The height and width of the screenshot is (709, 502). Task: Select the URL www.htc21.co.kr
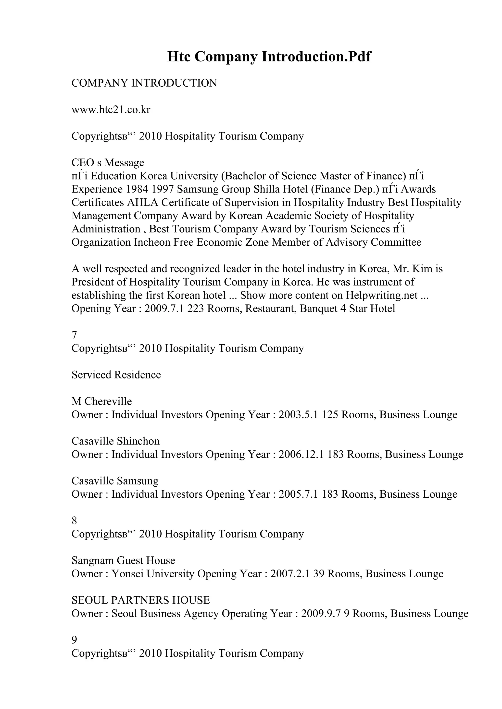point(111,110)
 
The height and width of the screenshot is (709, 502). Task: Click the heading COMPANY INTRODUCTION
point(144,83)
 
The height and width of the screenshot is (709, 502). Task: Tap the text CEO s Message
point(108,162)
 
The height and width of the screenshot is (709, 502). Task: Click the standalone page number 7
point(74,335)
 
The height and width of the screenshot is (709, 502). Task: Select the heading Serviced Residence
point(116,375)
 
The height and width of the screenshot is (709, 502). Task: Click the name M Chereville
point(101,401)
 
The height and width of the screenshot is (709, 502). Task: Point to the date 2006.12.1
point(301,454)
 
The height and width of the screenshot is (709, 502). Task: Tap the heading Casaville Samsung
point(115,481)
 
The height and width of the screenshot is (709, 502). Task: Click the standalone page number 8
point(74,521)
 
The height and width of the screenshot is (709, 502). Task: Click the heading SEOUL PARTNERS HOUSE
point(140,600)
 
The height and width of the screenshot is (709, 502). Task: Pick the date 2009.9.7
point(321,613)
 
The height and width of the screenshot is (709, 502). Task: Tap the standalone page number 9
point(74,640)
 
